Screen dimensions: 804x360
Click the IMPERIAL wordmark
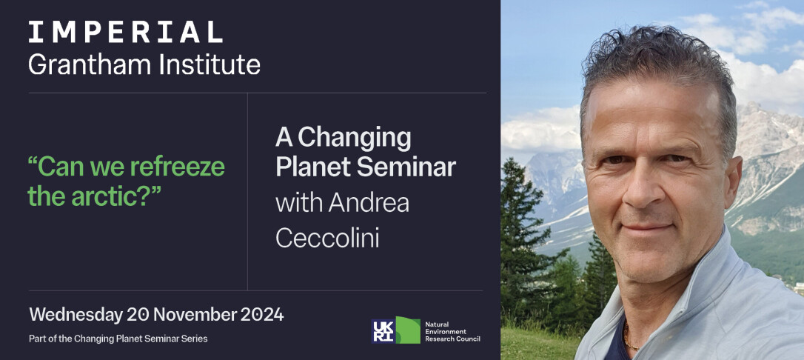click(126, 32)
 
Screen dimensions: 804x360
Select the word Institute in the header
click(210, 64)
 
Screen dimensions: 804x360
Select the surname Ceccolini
click(328, 238)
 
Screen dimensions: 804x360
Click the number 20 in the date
click(138, 314)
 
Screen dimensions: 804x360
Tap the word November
click(194, 314)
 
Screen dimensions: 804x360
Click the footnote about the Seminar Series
click(118, 339)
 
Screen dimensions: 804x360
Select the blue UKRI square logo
click(383, 331)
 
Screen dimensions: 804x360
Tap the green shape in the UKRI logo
click(409, 331)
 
